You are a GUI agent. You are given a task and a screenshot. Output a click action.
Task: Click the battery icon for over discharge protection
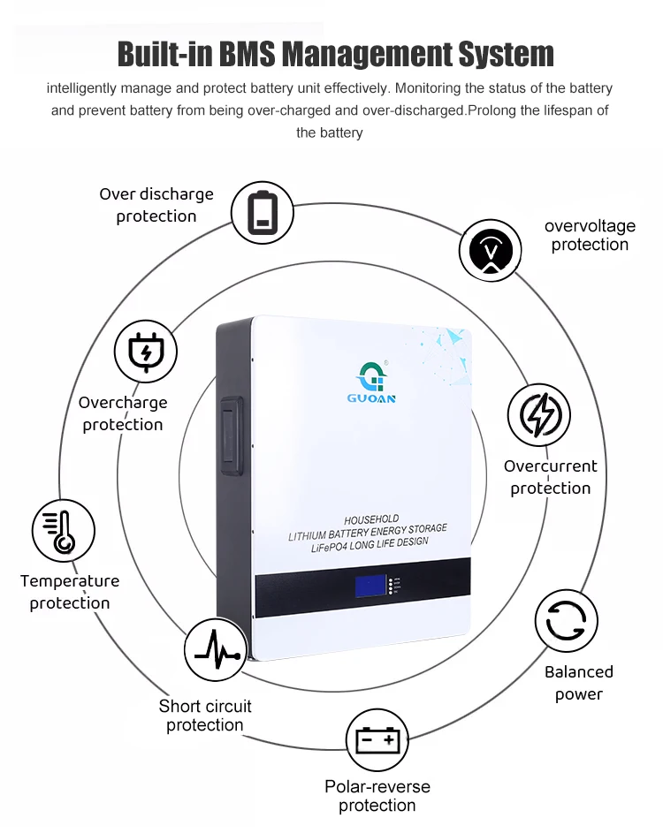pyautogui.click(x=262, y=212)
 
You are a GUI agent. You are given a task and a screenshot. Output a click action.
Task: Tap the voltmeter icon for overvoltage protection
pyautogui.click(x=490, y=252)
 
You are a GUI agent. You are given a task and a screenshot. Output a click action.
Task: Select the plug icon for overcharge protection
pyautogui.click(x=145, y=352)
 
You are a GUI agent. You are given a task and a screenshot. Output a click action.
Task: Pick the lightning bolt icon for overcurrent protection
pyautogui.click(x=538, y=414)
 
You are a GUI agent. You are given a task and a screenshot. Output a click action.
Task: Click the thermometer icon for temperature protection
pyautogui.click(x=63, y=532)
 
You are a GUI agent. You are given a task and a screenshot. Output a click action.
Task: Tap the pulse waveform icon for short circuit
pyautogui.click(x=216, y=651)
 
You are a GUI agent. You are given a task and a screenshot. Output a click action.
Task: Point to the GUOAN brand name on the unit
pyautogui.click(x=371, y=398)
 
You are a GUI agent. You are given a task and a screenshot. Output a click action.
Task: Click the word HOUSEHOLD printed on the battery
pyautogui.click(x=371, y=519)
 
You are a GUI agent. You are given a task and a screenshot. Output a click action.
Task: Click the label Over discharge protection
pyautogui.click(x=156, y=205)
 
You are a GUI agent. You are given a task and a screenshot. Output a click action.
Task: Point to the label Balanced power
pyautogui.click(x=579, y=683)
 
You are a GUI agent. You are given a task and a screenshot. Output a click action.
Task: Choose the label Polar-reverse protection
pyautogui.click(x=377, y=795)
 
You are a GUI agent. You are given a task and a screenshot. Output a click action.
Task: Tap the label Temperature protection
pyautogui.click(x=70, y=592)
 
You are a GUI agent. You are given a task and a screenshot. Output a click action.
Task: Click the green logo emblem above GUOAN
pyautogui.click(x=371, y=375)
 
